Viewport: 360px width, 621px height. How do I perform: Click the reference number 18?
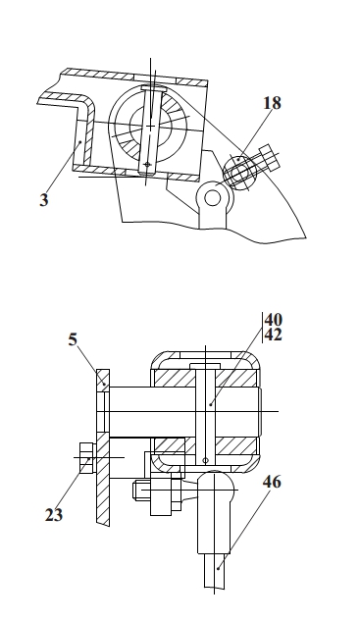coord(273,103)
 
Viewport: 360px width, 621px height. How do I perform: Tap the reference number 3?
coord(43,199)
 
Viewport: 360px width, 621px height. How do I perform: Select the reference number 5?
coord(73,339)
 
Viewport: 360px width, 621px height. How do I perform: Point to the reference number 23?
coord(54,515)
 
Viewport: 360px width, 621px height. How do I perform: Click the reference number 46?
coord(272,482)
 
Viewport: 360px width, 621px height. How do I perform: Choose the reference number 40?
coord(274,320)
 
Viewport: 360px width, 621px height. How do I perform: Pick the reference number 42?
coord(274,336)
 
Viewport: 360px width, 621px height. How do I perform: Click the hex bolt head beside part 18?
coord(268,157)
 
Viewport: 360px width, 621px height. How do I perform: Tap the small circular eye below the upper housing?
coord(213,198)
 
